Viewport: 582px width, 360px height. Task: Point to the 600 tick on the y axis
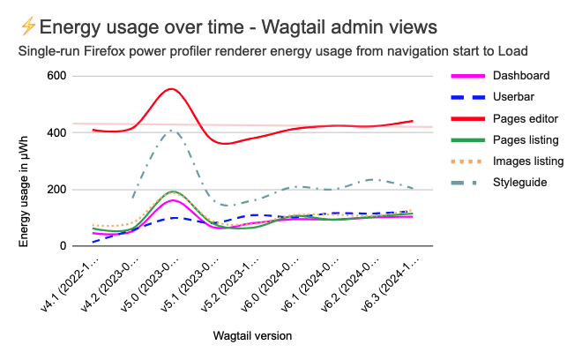[56, 77]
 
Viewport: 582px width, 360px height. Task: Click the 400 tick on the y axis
[56, 133]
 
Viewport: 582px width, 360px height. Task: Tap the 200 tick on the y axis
[56, 190]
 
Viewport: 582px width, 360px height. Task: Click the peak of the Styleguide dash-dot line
[173, 131]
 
